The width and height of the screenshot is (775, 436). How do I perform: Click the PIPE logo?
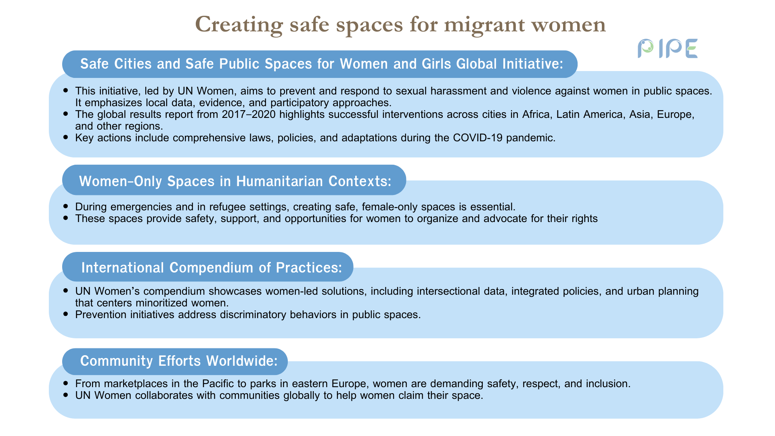click(668, 48)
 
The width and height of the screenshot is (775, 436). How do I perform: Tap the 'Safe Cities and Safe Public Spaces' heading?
click(322, 64)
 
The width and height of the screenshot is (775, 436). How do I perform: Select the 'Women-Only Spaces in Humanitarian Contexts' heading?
click(235, 181)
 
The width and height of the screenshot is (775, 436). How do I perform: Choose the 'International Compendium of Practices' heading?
click(212, 268)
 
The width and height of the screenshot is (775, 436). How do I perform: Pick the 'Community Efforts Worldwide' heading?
click(179, 361)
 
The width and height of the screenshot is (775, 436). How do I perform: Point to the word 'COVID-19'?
click(478, 138)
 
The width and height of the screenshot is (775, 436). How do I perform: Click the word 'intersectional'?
click(451, 291)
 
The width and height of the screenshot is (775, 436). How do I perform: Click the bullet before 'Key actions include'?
click(66, 138)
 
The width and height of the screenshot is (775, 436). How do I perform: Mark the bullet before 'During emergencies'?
click(66, 207)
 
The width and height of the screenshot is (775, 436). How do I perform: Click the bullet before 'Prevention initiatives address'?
click(66, 314)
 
